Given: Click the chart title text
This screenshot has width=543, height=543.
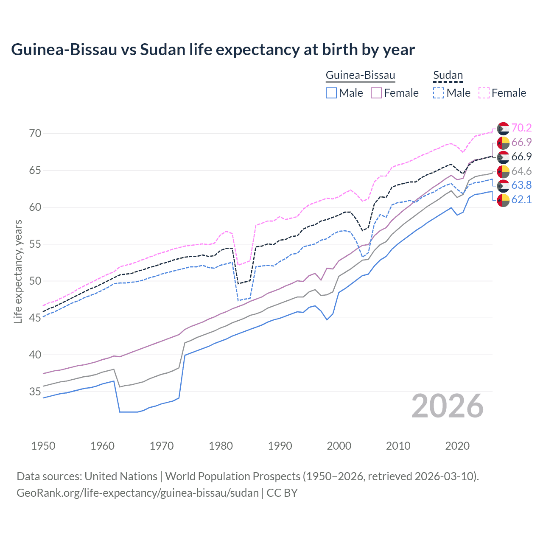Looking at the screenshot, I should tap(213, 50).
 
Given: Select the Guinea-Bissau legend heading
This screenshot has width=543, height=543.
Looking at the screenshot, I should tap(360, 76).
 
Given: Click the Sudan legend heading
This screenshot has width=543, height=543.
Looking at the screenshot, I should tap(448, 76).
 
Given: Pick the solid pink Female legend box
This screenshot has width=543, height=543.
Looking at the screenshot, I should tap(376, 93).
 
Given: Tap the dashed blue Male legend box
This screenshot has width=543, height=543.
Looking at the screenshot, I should tap(439, 93).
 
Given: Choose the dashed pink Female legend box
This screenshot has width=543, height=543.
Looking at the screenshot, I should tap(484, 93).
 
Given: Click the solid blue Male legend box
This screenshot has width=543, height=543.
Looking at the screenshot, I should tap(331, 93).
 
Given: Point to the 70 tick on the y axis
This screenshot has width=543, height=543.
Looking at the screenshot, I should tap(35, 133).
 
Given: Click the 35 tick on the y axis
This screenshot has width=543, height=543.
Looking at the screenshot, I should tap(35, 392).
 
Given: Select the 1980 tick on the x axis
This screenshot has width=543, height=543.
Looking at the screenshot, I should tap(221, 446).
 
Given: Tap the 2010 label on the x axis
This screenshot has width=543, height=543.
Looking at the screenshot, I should tap(398, 446).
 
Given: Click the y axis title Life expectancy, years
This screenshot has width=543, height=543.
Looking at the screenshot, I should tap(18, 271).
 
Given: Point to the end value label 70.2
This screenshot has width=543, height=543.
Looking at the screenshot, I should tap(521, 128).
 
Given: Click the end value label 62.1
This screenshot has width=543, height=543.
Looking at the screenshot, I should tap(521, 199).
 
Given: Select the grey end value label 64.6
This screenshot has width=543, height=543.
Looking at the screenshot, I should tap(521, 171).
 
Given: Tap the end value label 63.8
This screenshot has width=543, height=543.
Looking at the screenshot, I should tap(521, 185).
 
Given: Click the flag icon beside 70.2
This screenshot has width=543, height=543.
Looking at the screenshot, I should tap(503, 128).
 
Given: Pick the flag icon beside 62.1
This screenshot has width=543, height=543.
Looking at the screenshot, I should tap(503, 200).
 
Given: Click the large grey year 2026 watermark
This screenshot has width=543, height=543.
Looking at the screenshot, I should tap(448, 406).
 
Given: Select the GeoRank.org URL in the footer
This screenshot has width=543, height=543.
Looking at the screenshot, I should tap(137, 493).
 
